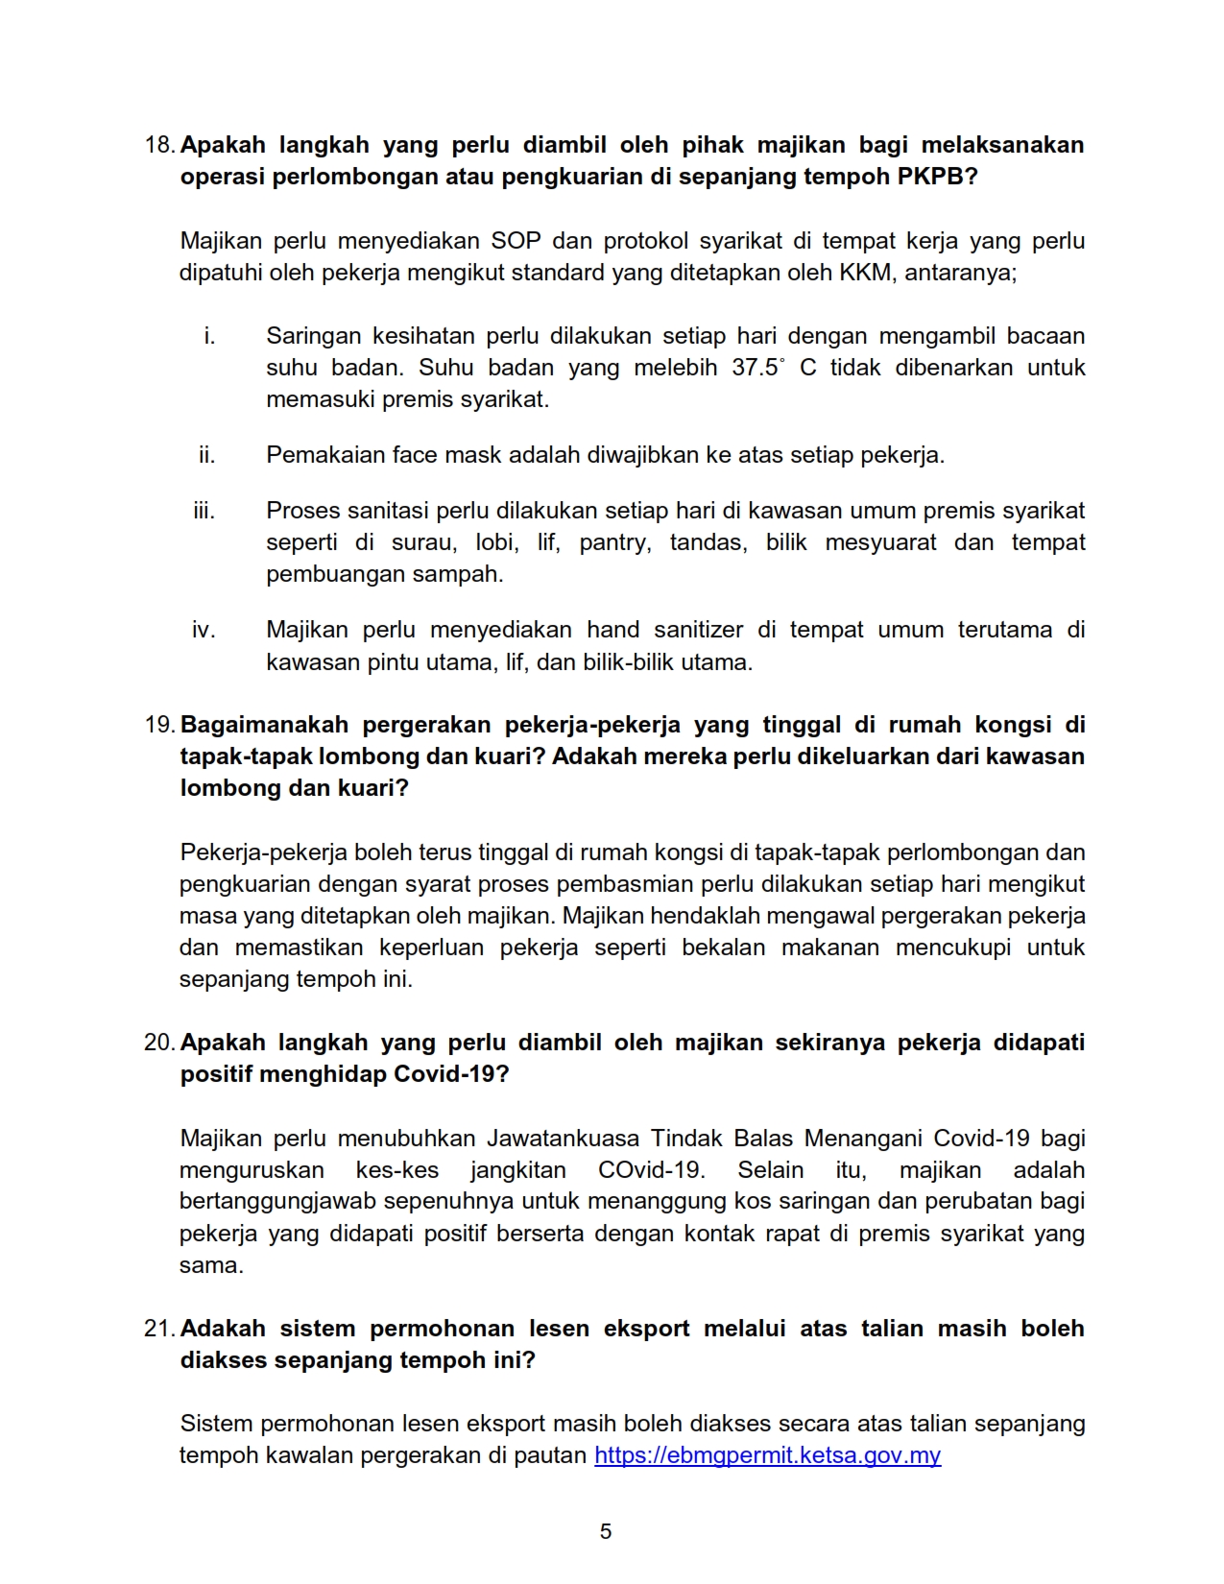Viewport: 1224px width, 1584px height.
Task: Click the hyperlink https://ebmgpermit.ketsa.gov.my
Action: tap(767, 1455)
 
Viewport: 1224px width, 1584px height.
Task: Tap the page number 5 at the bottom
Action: tap(606, 1531)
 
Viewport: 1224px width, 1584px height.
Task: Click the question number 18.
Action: tap(158, 145)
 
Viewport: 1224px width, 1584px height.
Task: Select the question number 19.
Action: tap(158, 725)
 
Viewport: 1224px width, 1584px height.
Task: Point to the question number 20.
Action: tap(158, 1043)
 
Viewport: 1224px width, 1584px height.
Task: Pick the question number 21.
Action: tap(158, 1329)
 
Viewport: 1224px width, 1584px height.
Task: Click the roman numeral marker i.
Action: tap(209, 336)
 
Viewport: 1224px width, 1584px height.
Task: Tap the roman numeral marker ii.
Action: tap(206, 455)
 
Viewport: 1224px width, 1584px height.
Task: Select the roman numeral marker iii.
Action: tap(204, 511)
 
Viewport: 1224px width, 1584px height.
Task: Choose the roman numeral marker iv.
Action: tap(203, 630)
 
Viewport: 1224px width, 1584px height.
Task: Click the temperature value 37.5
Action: tap(755, 368)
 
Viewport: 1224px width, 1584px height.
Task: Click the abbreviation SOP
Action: tap(516, 241)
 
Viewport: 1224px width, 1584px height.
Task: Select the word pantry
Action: tap(614, 542)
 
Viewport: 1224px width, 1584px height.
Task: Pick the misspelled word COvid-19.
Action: tap(651, 1170)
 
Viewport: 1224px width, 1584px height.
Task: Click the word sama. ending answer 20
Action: tap(211, 1265)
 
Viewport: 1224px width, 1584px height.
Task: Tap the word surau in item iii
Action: tap(423, 542)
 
